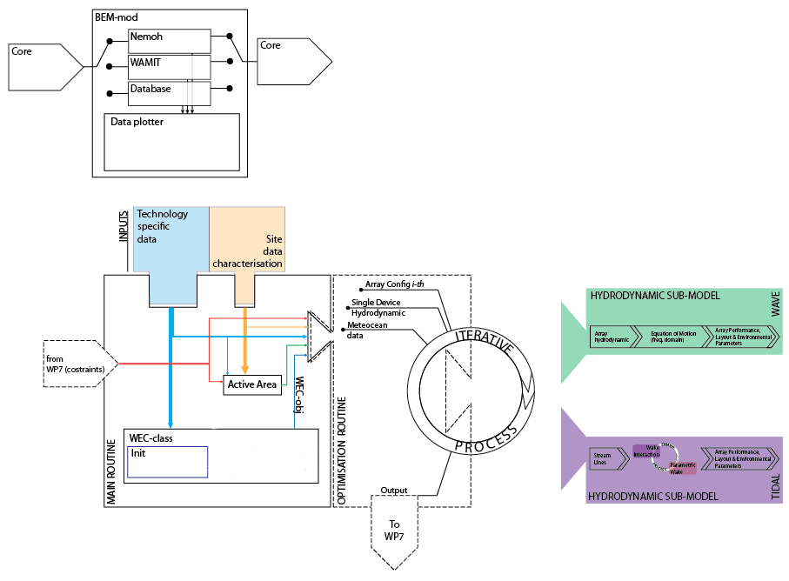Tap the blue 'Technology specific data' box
click(x=171, y=239)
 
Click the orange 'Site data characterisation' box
click(x=247, y=239)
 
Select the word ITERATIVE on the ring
click(x=484, y=340)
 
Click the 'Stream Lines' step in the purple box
click(x=606, y=458)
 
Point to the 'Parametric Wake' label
click(x=684, y=468)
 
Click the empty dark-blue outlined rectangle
click(x=168, y=462)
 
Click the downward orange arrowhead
click(x=245, y=370)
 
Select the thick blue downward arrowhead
click(x=171, y=424)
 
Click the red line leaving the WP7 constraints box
click(x=161, y=364)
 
